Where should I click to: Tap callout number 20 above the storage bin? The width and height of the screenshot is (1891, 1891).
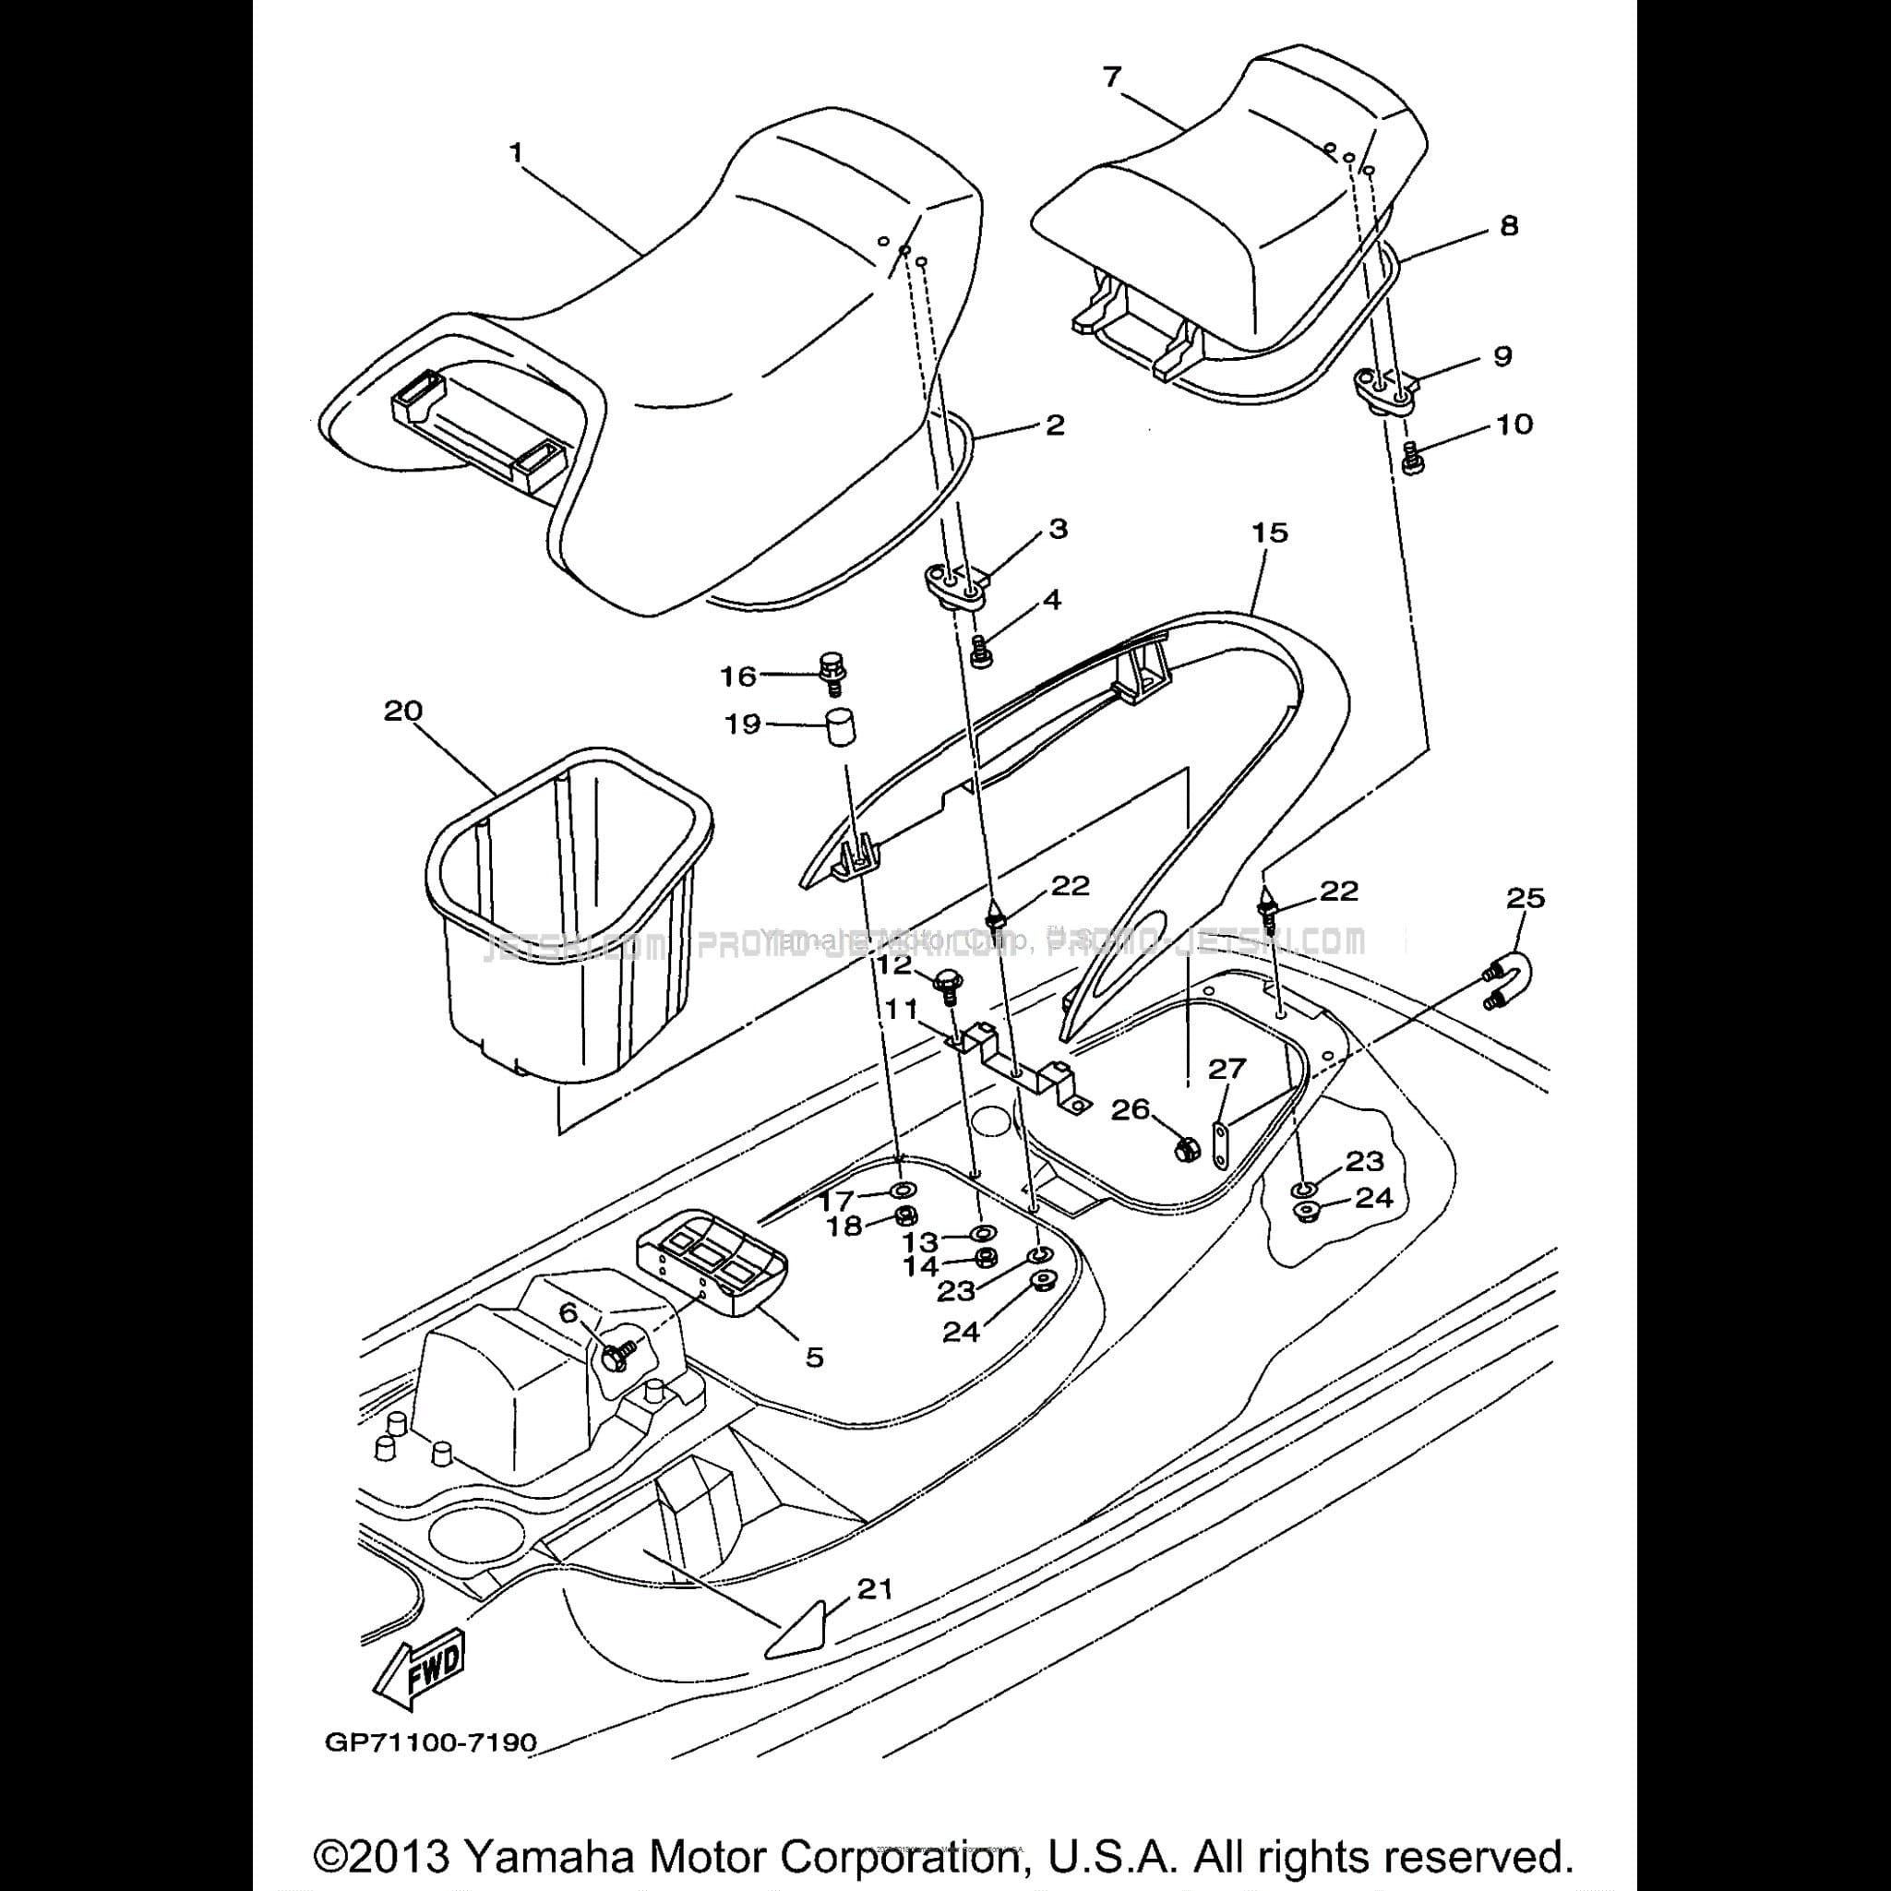402,711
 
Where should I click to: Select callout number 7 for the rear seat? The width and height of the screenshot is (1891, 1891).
1111,78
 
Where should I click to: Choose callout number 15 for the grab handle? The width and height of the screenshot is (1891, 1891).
1270,533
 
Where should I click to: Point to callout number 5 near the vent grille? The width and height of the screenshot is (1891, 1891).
814,1358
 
